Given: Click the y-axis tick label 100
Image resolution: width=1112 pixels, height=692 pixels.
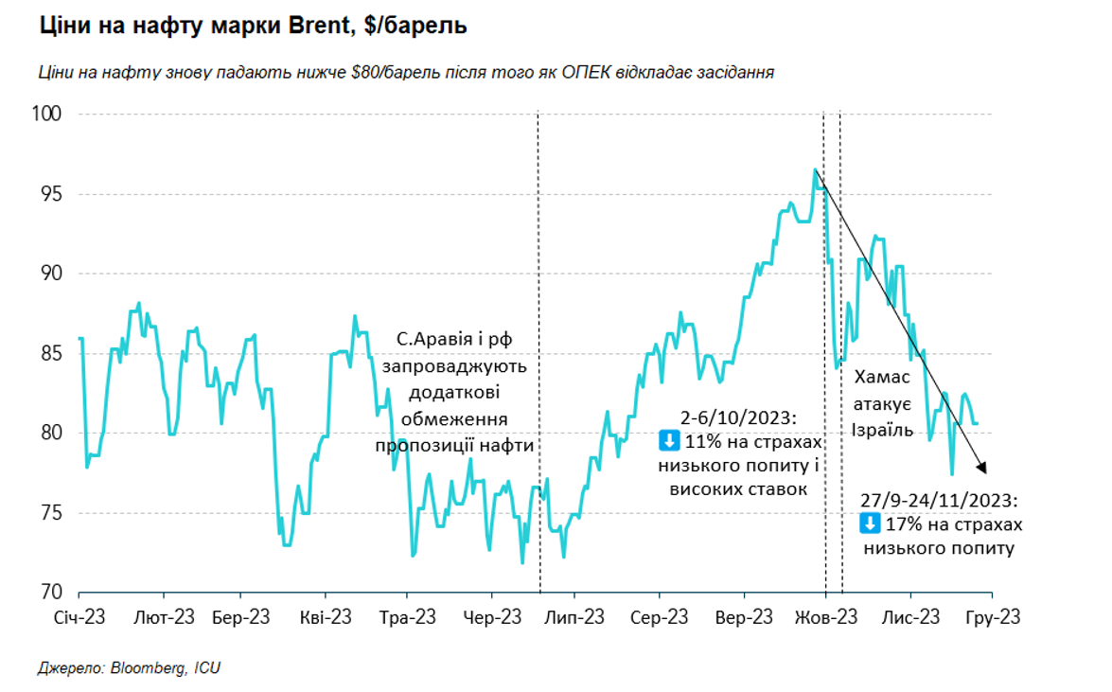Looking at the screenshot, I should pos(47,115).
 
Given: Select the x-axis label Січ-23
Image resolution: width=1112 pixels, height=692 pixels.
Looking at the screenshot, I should pos(79,617).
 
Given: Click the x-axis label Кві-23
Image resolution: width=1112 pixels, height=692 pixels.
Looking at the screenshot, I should pos(325,617).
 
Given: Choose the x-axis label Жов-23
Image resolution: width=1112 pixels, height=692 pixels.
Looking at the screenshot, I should pos(826,617).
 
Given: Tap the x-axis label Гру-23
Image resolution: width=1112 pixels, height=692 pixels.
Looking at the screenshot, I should pos(993,617).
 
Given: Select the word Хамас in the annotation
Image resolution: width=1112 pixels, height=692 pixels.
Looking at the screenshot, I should pos(882,378).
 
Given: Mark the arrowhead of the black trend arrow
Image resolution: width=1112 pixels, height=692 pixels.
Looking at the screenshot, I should pos(984,469).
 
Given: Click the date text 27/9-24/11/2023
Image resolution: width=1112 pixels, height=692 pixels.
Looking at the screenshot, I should pos(937,500).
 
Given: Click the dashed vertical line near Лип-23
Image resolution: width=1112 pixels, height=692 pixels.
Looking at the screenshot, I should pos(538,379).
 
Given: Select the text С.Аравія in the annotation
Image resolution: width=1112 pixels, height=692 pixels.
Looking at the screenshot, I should pos(432,340).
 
